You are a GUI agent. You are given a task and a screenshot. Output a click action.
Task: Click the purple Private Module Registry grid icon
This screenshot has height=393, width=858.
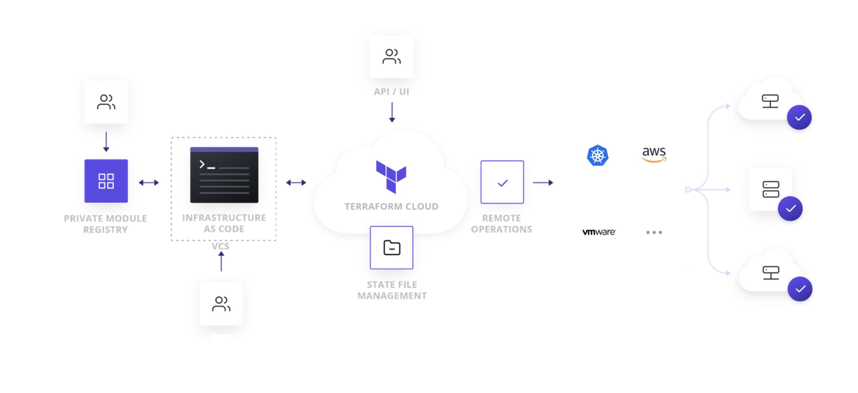(x=106, y=181)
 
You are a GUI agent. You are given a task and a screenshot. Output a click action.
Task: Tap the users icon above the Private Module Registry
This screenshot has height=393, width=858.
(x=106, y=102)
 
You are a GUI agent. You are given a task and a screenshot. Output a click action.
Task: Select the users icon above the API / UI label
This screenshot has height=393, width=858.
(x=391, y=56)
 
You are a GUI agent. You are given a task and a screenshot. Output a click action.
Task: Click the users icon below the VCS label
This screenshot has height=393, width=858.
(x=221, y=304)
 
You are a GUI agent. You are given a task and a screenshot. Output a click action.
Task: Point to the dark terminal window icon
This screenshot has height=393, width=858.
(x=224, y=175)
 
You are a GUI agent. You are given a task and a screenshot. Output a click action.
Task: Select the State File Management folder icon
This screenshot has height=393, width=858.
(x=391, y=247)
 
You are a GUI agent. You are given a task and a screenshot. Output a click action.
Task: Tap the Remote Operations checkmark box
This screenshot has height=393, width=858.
(x=502, y=182)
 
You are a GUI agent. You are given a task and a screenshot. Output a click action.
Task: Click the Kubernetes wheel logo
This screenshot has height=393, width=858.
(x=597, y=155)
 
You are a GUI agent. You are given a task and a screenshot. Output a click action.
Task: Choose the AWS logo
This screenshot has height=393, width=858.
(x=654, y=154)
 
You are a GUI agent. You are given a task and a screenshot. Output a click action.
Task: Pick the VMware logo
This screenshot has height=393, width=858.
(x=599, y=232)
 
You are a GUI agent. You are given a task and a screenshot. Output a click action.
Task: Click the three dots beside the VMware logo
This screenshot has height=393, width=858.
(x=654, y=232)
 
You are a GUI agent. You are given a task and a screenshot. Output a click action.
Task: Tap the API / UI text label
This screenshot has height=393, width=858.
(x=391, y=91)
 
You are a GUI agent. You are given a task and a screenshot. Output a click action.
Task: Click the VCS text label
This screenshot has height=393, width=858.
(x=220, y=246)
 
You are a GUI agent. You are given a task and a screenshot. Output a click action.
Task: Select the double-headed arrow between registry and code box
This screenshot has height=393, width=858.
(x=149, y=183)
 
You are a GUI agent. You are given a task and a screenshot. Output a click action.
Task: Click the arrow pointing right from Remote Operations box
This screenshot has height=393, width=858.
(x=543, y=183)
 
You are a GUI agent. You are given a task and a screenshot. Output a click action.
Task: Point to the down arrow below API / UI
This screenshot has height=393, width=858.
(x=392, y=112)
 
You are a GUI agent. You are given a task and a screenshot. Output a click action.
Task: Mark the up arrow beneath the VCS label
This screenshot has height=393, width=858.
(x=221, y=261)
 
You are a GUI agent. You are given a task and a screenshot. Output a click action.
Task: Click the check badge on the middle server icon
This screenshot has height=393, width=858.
(x=790, y=209)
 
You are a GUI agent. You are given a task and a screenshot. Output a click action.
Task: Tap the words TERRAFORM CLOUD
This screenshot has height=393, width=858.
(x=391, y=206)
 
